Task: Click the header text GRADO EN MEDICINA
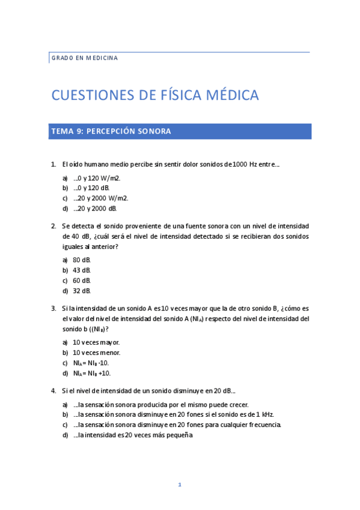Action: [84, 58]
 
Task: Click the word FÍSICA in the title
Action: [186, 95]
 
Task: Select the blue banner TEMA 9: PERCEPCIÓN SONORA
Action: [180, 131]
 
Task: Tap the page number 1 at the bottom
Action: [180, 485]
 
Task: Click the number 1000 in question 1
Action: [239, 164]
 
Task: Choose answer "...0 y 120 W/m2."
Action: [97, 178]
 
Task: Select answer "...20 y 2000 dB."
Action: [95, 208]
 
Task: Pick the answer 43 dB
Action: [82, 270]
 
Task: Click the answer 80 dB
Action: [82, 260]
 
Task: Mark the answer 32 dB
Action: [82, 290]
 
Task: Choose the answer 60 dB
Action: [82, 280]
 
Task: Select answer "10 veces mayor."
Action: [96, 342]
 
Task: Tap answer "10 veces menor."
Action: [96, 352]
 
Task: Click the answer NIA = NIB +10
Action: [91, 373]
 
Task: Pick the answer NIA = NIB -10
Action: [91, 363]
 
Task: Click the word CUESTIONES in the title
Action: [90, 95]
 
